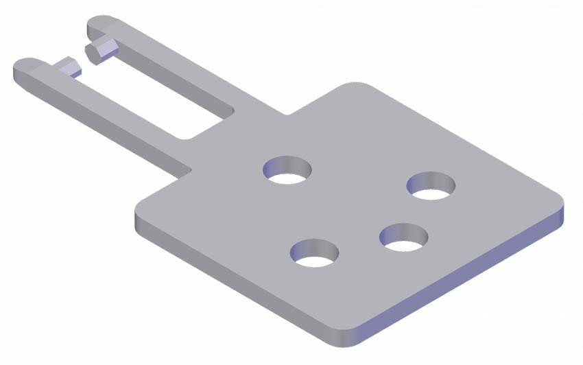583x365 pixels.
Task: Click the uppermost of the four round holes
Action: [x=287, y=169]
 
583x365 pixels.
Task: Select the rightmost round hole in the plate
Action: [x=431, y=186]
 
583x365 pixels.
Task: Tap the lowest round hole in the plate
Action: [x=314, y=252]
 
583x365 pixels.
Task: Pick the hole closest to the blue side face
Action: [x=404, y=237]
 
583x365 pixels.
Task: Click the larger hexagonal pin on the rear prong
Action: [x=100, y=51]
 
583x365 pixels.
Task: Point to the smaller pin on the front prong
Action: [x=69, y=67]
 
